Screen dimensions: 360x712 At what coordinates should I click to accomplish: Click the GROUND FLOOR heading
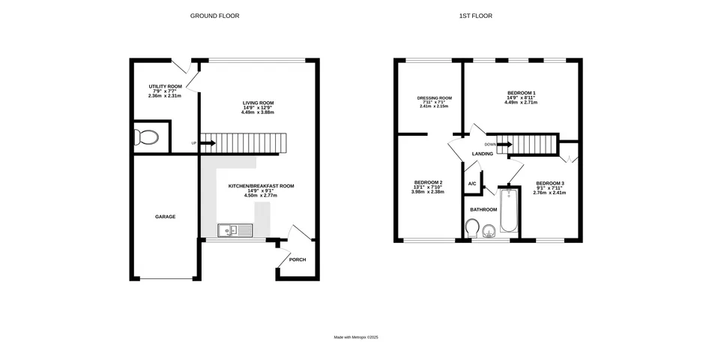pyautogui.click(x=214, y=16)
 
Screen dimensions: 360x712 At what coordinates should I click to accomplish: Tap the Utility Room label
pyautogui.click(x=165, y=87)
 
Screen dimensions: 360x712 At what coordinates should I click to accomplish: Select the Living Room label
pyautogui.click(x=258, y=103)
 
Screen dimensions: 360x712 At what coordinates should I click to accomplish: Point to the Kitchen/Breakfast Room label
pyautogui.click(x=261, y=186)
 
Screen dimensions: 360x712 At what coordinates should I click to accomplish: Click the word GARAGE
pyautogui.click(x=165, y=217)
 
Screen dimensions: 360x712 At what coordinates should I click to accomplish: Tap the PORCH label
pyautogui.click(x=298, y=259)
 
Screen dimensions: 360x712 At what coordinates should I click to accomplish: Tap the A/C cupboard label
pyautogui.click(x=472, y=184)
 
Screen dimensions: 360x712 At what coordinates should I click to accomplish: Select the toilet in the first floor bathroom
pyautogui.click(x=473, y=228)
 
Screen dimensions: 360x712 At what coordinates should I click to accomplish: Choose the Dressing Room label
pyautogui.click(x=435, y=98)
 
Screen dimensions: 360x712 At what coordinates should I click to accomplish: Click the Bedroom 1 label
pyautogui.click(x=521, y=93)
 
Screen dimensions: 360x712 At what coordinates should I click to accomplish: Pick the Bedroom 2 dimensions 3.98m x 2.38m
pyautogui.click(x=428, y=192)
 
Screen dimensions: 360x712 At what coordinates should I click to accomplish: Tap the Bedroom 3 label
pyautogui.click(x=549, y=184)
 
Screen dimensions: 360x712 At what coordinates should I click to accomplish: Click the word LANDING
pyautogui.click(x=482, y=154)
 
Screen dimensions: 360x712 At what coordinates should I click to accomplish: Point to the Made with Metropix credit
pyautogui.click(x=356, y=337)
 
